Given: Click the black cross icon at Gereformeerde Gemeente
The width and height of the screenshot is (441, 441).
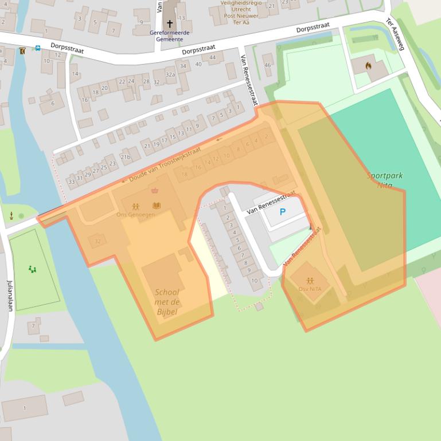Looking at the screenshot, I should pyautogui.click(x=169, y=23).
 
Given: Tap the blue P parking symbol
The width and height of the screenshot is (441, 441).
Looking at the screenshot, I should pyautogui.click(x=282, y=212).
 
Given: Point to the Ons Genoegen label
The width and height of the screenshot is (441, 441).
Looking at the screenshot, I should pyautogui.click(x=135, y=214).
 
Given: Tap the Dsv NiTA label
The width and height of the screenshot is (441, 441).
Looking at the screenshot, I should pyautogui.click(x=310, y=289).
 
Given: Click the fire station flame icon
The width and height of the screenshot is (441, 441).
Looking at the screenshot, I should pyautogui.click(x=368, y=66).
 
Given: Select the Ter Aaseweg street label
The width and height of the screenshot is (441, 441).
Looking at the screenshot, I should pyautogui.click(x=395, y=34).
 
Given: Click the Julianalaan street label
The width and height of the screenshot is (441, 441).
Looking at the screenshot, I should pyautogui.click(x=10, y=295).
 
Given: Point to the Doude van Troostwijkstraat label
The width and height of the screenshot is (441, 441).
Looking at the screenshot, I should pyautogui.click(x=165, y=164).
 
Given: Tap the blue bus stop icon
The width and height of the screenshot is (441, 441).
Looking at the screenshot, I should pyautogui.click(x=37, y=49).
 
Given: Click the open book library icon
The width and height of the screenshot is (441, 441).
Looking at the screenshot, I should pyautogui.click(x=157, y=205).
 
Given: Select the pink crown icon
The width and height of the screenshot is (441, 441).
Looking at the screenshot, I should pyautogui.click(x=154, y=190).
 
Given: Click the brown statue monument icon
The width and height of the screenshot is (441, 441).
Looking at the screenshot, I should pyautogui.click(x=11, y=215).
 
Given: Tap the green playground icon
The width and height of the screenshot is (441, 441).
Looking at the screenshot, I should pyautogui.click(x=32, y=269).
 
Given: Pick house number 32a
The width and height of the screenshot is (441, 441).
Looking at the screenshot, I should pyautogui.click(x=170, y=74).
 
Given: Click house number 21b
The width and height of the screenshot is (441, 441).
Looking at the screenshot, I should pyautogui.click(x=125, y=157).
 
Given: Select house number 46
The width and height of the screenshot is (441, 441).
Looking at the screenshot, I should pyautogui.click(x=267, y=65).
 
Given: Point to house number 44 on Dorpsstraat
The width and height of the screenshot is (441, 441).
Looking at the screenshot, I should pyautogui.click(x=212, y=57).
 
